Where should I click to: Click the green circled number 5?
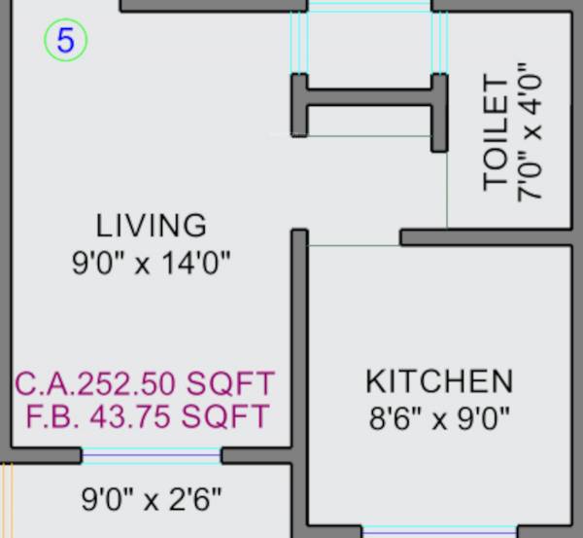point(66,41)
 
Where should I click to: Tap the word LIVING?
point(152,226)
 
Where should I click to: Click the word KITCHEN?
point(439,380)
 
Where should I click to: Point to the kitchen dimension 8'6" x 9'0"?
point(439,419)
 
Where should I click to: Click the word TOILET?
point(497,132)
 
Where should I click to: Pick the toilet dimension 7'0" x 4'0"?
point(531,132)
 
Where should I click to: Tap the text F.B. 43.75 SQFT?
point(147,416)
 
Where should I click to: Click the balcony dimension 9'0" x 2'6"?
point(151,500)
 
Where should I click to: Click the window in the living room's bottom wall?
point(151,454)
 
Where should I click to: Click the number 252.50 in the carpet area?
point(145,381)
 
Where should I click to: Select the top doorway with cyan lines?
point(369,7)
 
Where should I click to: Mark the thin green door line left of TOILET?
point(447,190)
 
